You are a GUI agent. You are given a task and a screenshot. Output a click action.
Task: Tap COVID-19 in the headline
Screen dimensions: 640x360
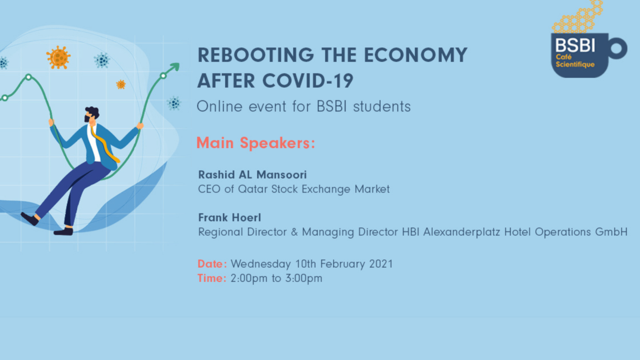pyautogui.click(x=308, y=81)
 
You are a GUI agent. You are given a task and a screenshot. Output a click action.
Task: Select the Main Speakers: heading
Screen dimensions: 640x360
pyautogui.click(x=256, y=143)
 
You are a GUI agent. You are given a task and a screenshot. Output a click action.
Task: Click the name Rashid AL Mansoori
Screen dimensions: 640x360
pyautogui.click(x=253, y=174)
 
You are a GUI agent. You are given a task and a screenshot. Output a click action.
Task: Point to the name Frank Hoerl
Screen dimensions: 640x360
pyautogui.click(x=230, y=218)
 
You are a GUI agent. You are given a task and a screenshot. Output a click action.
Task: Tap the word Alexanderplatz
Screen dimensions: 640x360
pyautogui.click(x=461, y=232)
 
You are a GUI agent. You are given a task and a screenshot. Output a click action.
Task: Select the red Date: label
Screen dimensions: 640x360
pyautogui.click(x=212, y=264)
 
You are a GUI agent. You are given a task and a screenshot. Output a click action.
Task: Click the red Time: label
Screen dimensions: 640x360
pyautogui.click(x=212, y=278)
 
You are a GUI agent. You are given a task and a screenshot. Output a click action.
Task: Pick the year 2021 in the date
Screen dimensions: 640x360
pyautogui.click(x=381, y=264)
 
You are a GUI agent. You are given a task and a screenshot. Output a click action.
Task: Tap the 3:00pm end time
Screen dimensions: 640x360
pyautogui.click(x=304, y=278)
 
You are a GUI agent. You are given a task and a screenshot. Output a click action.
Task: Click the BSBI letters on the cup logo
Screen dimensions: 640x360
pyautogui.click(x=575, y=45)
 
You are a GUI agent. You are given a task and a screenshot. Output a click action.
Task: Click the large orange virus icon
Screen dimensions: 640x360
pyautogui.click(x=58, y=58)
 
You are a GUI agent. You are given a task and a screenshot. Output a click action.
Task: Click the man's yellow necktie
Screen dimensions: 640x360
pyautogui.click(x=106, y=146)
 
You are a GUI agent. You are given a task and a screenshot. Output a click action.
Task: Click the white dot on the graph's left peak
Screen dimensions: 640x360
pyautogui.click(x=29, y=77)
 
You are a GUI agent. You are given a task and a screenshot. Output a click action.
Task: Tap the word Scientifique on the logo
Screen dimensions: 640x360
pyautogui.click(x=575, y=64)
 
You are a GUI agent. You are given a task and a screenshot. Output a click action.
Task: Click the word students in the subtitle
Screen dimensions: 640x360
pyautogui.click(x=382, y=107)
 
